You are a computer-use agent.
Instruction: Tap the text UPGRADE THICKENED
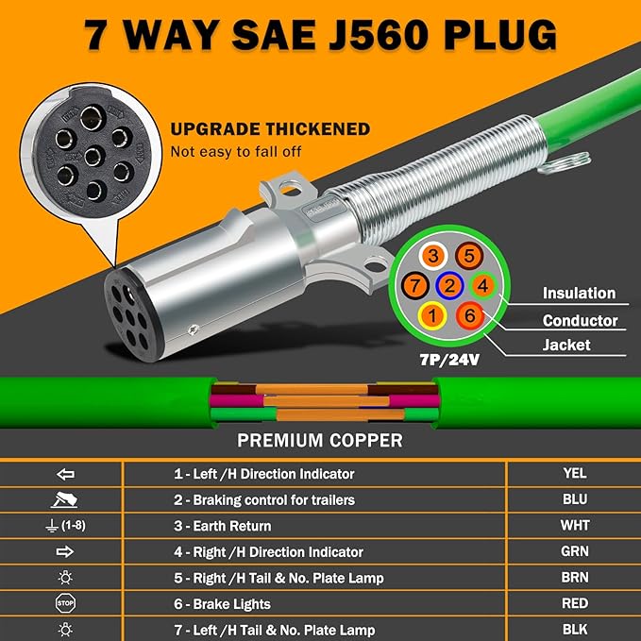point(270,130)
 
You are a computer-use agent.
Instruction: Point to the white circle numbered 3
point(433,256)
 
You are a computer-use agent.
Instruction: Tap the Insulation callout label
point(579,294)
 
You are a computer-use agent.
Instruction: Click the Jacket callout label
point(566,346)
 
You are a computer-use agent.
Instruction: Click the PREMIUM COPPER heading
point(320,440)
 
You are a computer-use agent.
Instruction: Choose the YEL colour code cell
point(573,474)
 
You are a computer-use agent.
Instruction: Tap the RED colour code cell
point(573,603)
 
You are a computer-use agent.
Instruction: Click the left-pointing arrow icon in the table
point(65,474)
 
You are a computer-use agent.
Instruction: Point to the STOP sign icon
point(65,603)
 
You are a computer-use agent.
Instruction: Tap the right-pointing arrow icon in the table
point(65,551)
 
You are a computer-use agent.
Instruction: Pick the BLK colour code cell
point(573,630)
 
